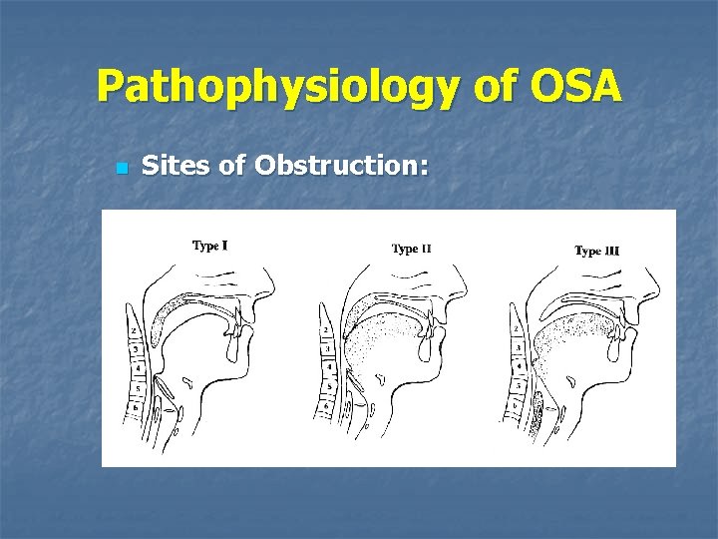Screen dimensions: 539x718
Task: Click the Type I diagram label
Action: point(209,246)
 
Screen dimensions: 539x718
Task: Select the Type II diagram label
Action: point(411,249)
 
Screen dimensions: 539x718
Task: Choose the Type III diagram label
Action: point(596,251)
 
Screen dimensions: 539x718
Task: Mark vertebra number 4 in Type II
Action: point(326,366)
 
